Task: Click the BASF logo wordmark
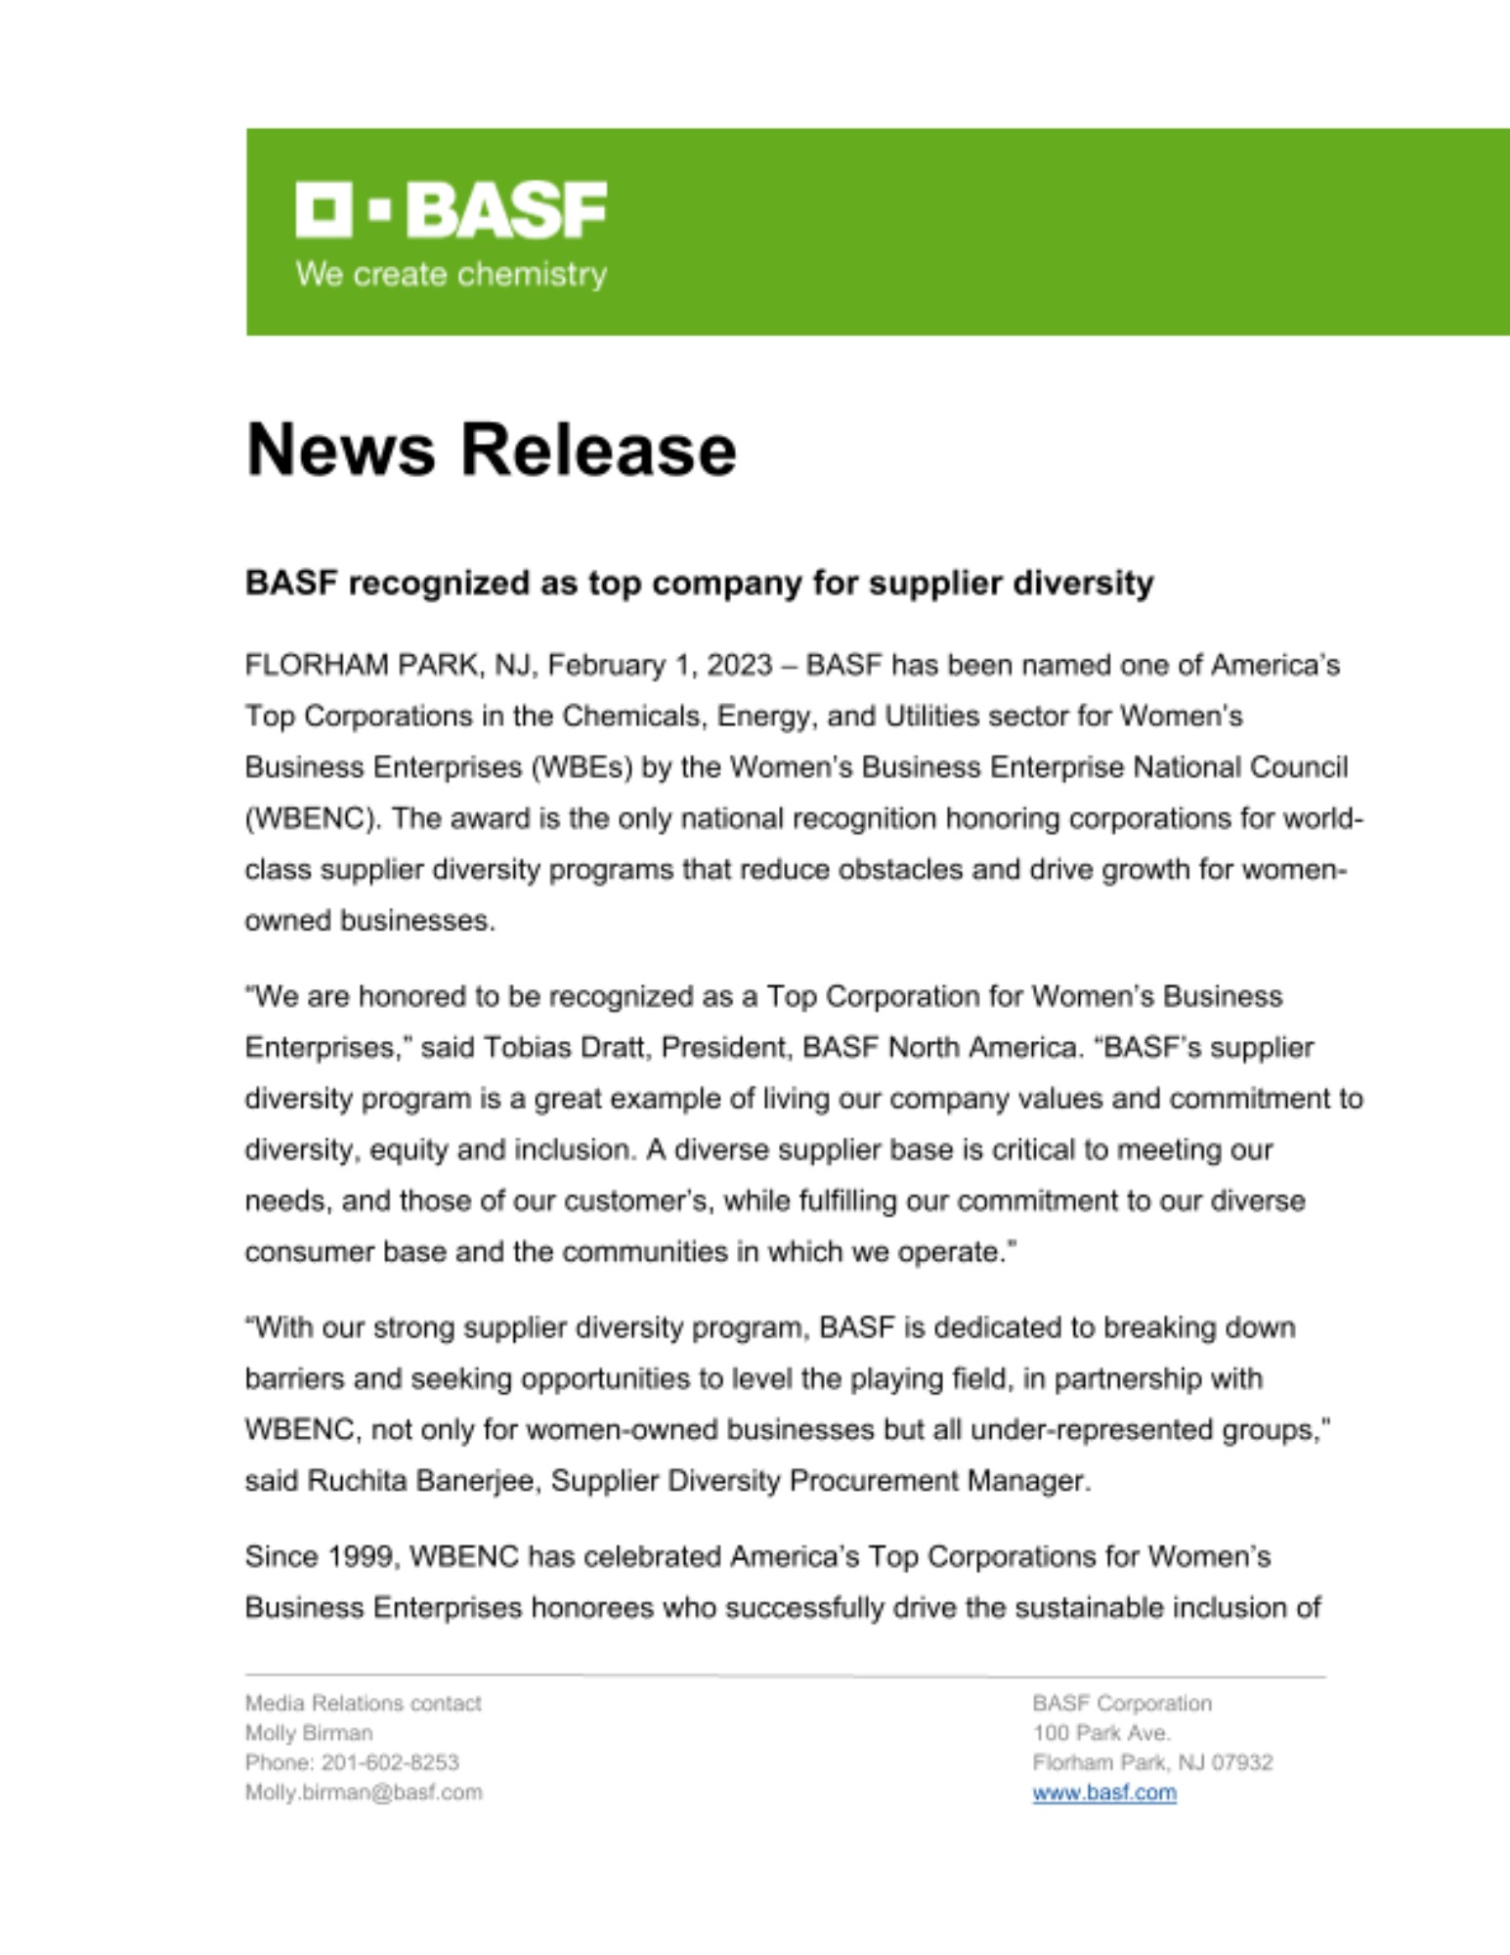[505, 209]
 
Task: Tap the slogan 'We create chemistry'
[451, 275]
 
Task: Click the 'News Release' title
[491, 451]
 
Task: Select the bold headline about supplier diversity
[699, 584]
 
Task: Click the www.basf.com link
[1103, 1793]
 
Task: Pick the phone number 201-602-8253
[390, 1762]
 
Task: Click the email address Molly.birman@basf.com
[363, 1793]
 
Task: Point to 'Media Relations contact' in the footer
[363, 1704]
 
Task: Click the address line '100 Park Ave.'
[1100, 1733]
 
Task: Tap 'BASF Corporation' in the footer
[1121, 1704]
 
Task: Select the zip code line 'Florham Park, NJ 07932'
[1152, 1762]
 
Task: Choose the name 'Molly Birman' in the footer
[308, 1733]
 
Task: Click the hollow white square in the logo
[324, 209]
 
